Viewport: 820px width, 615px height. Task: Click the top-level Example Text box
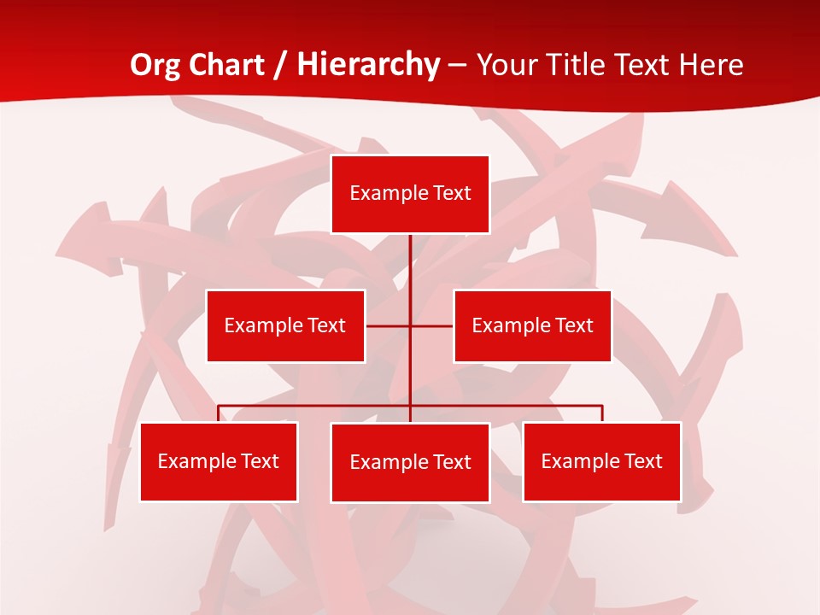(x=410, y=194)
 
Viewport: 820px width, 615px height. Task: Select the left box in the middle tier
(x=285, y=325)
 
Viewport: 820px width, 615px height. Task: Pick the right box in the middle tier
(x=532, y=325)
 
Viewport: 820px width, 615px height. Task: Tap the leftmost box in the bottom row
(x=219, y=461)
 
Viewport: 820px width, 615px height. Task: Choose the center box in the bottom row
(x=410, y=462)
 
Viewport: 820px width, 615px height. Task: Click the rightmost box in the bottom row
(x=602, y=461)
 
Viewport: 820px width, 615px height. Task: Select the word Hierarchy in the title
(x=367, y=65)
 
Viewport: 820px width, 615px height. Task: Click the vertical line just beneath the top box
(x=410, y=256)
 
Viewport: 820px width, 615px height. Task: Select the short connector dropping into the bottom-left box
(x=219, y=413)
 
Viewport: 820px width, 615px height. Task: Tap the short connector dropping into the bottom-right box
(x=602, y=413)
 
